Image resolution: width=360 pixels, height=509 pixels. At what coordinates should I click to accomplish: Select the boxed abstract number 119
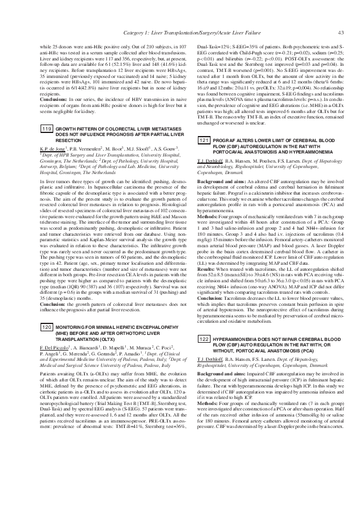46,129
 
